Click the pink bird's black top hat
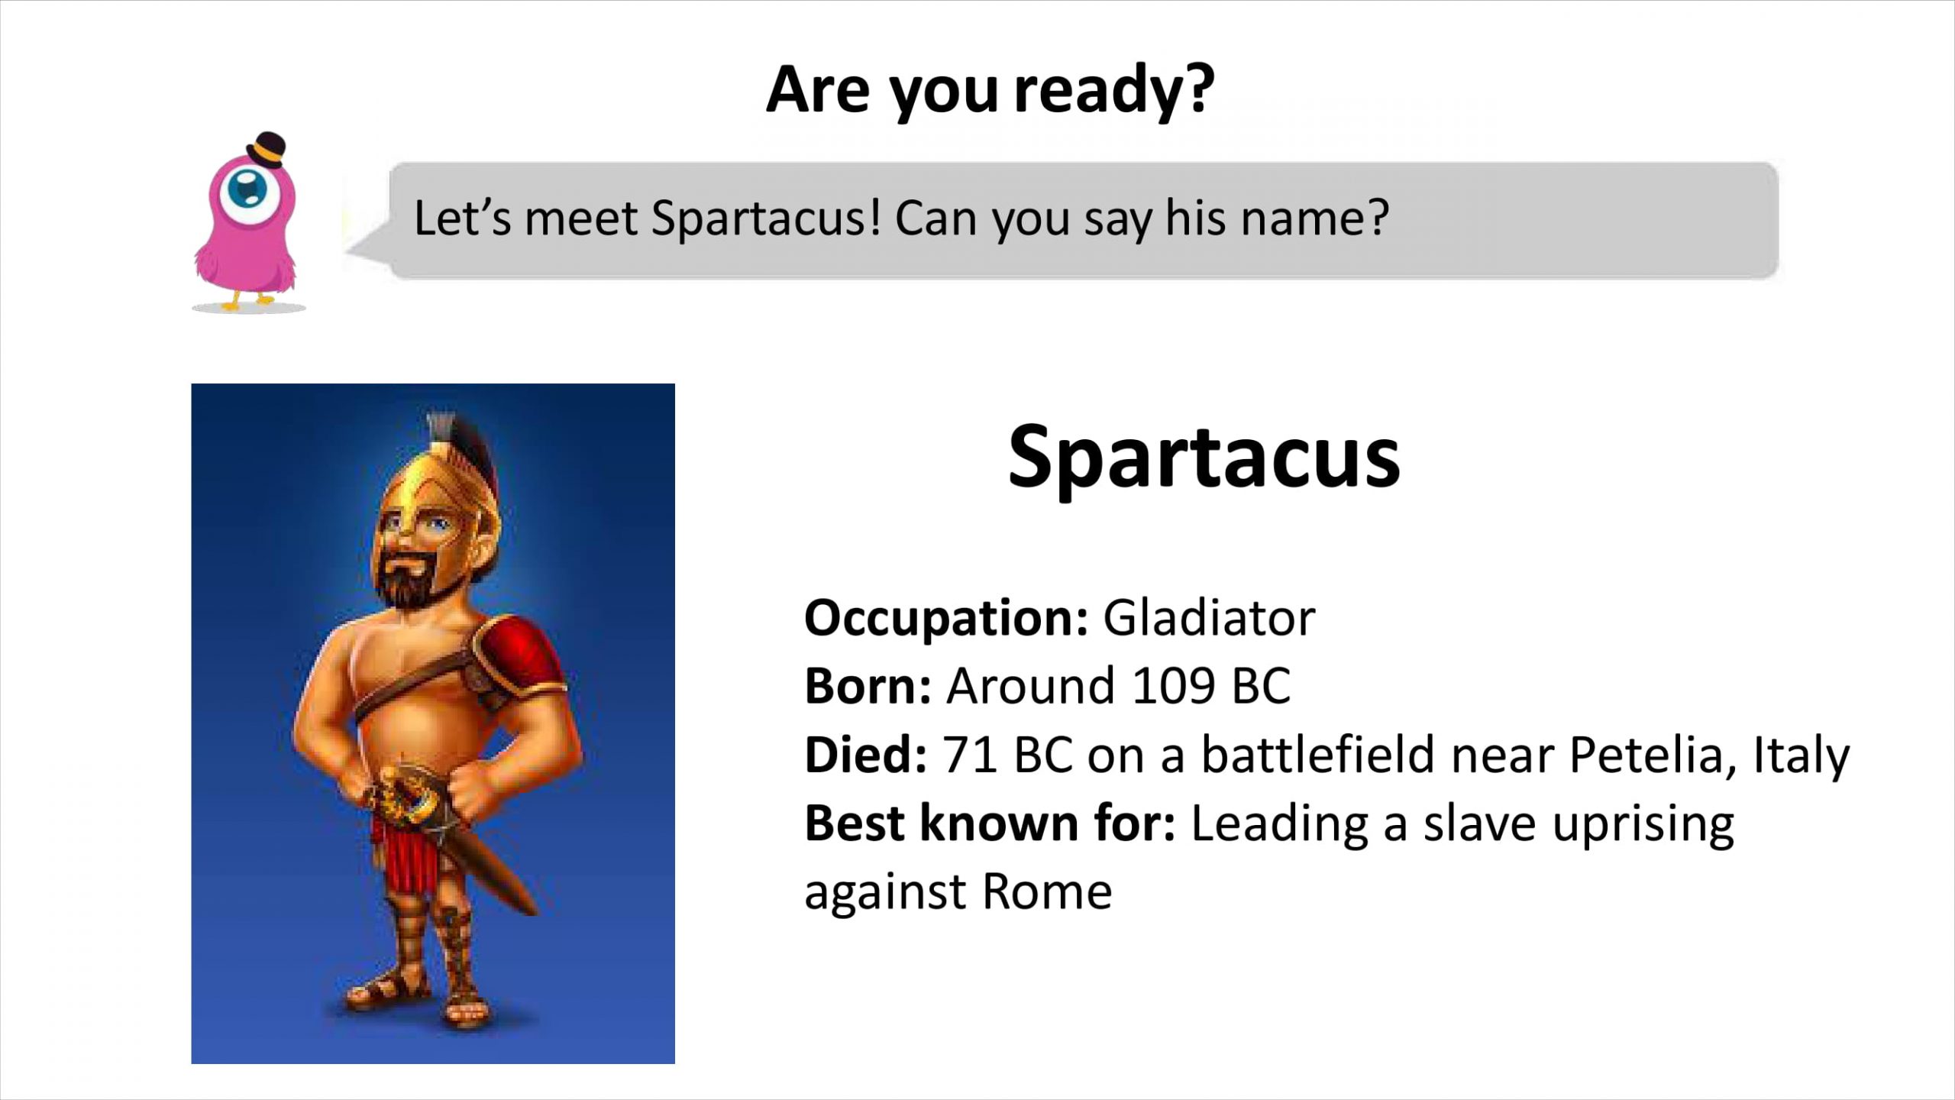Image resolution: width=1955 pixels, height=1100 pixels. tap(267, 149)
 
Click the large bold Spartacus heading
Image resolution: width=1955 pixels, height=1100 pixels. tap(1204, 459)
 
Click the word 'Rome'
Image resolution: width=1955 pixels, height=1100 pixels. tap(1047, 892)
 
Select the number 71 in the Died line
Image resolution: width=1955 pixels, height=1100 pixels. tap(970, 754)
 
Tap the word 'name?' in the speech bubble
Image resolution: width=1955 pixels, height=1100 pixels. tap(1314, 219)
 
